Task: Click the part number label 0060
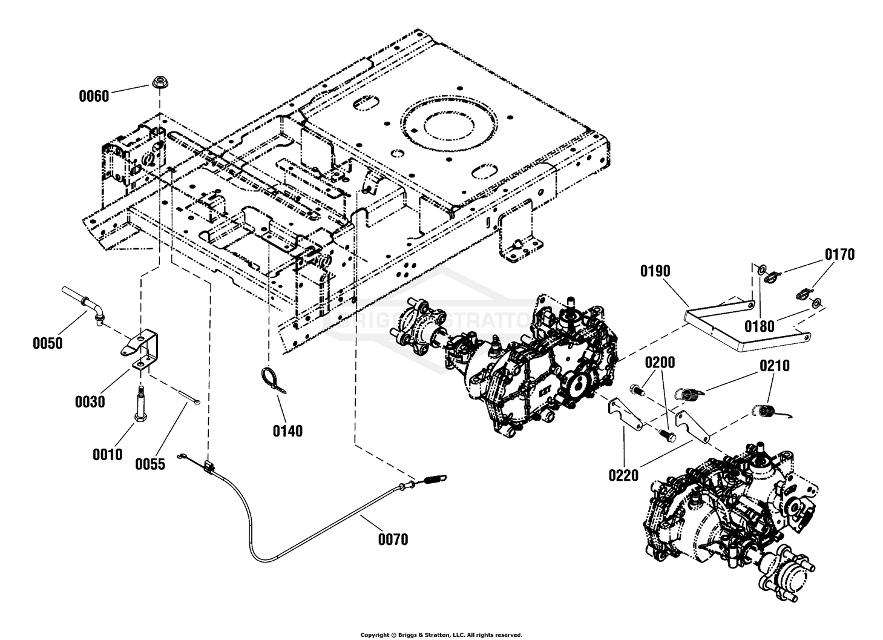94,96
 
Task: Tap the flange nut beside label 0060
159,82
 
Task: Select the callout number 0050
48,343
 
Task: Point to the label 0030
90,402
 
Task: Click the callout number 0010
108,455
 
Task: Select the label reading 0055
150,464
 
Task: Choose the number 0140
287,431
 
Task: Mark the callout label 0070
393,539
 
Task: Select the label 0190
655,271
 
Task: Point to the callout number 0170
839,254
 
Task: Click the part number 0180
759,326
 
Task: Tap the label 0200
660,362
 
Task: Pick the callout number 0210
775,366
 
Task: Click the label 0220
623,475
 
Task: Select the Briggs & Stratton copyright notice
442,635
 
